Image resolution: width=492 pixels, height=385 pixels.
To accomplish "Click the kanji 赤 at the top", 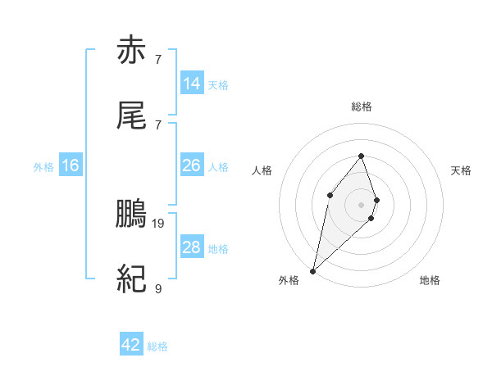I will point(132,52).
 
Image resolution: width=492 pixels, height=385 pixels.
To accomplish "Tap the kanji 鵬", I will point(132,215).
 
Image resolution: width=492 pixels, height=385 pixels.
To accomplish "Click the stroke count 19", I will point(159,222).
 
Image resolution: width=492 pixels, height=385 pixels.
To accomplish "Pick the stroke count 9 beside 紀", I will point(157,288).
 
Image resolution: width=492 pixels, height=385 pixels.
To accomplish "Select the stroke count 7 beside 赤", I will point(157,59).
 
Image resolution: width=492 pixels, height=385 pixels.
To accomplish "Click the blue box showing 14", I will point(191,84).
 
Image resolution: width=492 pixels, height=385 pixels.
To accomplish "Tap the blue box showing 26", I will point(191,165).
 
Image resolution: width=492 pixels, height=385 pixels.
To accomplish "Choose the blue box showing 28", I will point(191,247).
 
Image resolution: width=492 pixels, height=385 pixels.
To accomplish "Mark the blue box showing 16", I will point(71,165).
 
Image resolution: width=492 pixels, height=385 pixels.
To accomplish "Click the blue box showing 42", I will point(131,345).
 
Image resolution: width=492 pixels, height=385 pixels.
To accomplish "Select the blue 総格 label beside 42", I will point(157,346).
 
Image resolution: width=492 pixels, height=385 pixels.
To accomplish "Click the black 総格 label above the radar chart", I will point(362,106).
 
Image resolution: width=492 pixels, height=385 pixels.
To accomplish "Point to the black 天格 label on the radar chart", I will point(462,170).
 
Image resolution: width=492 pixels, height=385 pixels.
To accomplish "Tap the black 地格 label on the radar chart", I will point(430,280).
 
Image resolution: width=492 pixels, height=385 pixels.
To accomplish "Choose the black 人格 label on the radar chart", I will point(262,170).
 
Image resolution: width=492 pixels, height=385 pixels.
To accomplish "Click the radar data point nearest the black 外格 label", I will point(312,270).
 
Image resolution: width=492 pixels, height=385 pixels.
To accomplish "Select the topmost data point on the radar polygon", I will point(362,156).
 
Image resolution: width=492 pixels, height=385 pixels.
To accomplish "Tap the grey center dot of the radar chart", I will point(362,204).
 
